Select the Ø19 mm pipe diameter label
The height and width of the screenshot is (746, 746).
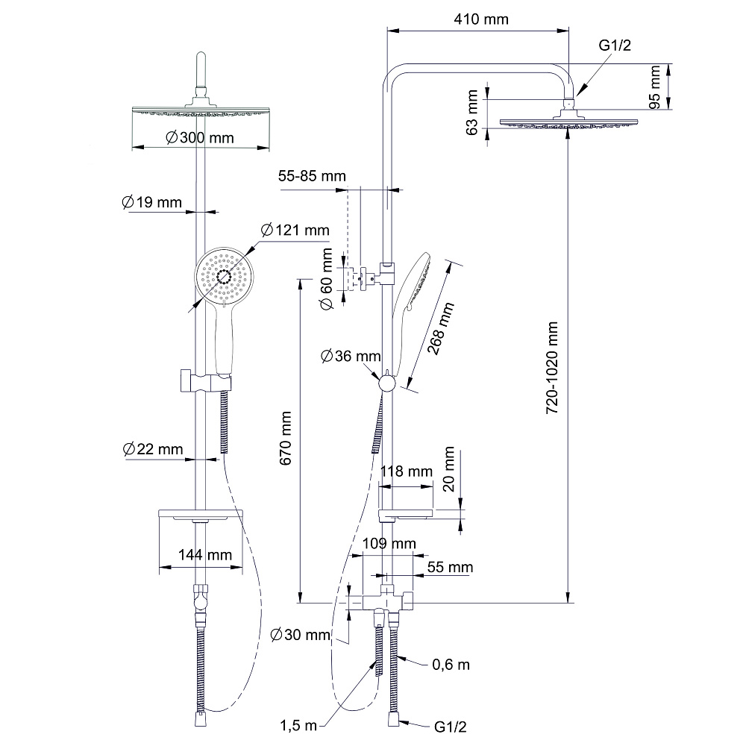click(151, 201)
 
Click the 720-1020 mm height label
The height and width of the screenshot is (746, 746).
click(552, 368)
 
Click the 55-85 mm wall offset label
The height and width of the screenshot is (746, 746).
click(312, 176)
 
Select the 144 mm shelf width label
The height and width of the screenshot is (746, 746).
click(205, 555)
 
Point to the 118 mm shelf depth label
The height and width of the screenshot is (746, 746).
click(407, 471)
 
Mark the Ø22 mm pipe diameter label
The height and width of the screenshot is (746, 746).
click(152, 448)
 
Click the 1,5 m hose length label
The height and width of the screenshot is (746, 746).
click(299, 724)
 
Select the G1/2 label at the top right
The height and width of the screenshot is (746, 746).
click(615, 46)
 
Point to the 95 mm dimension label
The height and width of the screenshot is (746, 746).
click(655, 87)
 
